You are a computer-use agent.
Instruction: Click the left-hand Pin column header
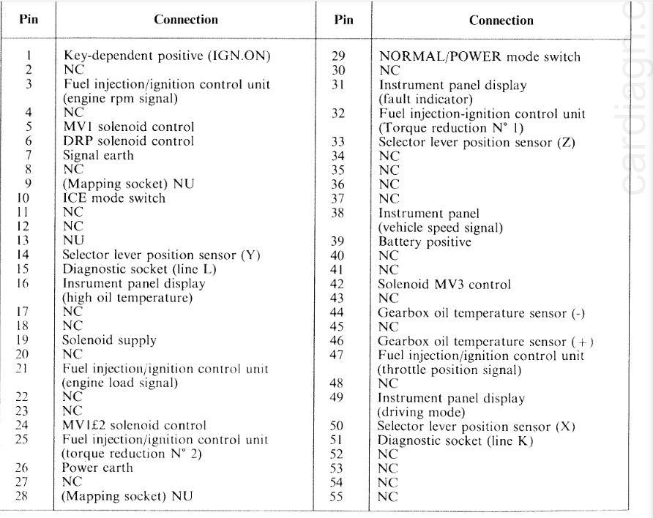tap(27, 20)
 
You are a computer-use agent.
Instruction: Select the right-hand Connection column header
tap(501, 20)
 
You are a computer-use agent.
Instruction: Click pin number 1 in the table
tap(27, 55)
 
